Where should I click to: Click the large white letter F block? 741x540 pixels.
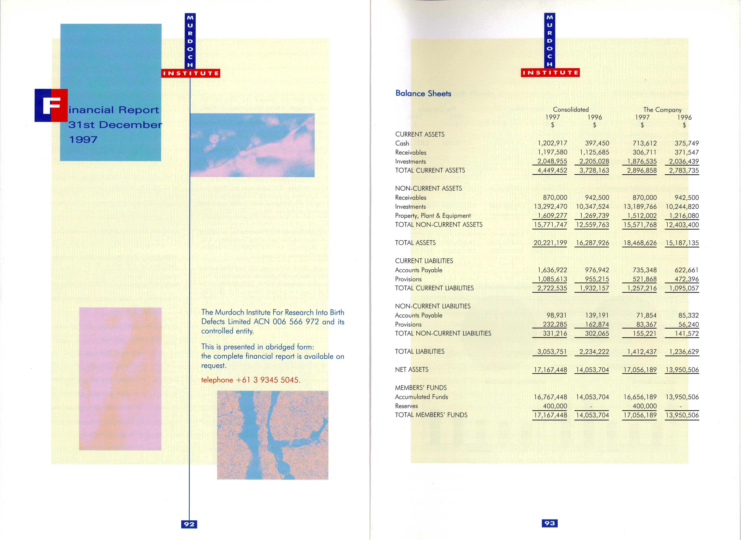(51, 105)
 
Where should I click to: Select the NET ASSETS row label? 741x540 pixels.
(412, 369)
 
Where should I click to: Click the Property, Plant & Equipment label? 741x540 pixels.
(433, 216)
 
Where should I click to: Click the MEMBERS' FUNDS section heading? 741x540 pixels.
(421, 388)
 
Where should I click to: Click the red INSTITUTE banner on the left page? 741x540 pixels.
(191, 73)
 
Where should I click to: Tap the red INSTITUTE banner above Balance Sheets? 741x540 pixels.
(550, 73)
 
